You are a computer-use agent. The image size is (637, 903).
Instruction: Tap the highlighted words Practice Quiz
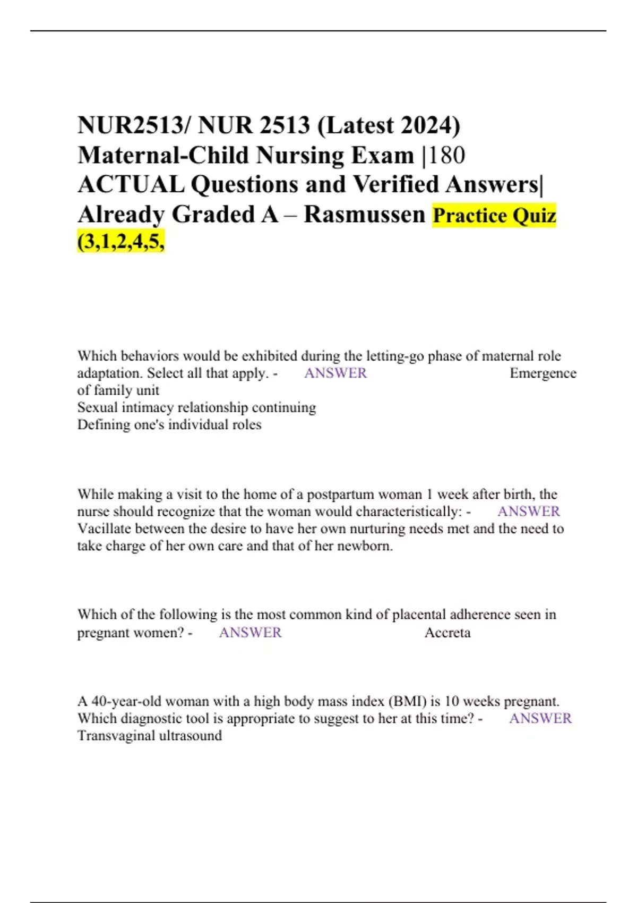[x=494, y=215]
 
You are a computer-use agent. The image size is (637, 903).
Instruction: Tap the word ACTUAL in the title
[x=131, y=184]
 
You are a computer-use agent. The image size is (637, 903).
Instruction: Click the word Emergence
[x=543, y=373]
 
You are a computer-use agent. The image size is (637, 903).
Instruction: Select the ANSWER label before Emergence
[x=335, y=373]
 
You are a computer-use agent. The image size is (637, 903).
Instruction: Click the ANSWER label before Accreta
[x=250, y=632]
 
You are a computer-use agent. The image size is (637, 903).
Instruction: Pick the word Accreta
[x=447, y=632]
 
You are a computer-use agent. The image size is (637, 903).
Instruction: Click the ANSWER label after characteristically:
[x=528, y=511]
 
